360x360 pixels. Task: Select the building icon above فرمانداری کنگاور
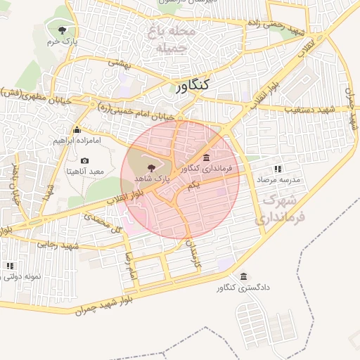205,157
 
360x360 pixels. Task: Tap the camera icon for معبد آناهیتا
85,161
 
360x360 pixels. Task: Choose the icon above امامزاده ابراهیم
77,129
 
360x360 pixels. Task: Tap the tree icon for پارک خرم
63,30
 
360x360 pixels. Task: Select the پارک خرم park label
61,42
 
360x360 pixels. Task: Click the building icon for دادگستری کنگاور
243,276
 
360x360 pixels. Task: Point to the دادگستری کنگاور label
243,288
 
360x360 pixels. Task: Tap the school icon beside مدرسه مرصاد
278,169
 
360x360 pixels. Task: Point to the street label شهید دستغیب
307,110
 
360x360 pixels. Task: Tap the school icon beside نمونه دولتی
10,266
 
